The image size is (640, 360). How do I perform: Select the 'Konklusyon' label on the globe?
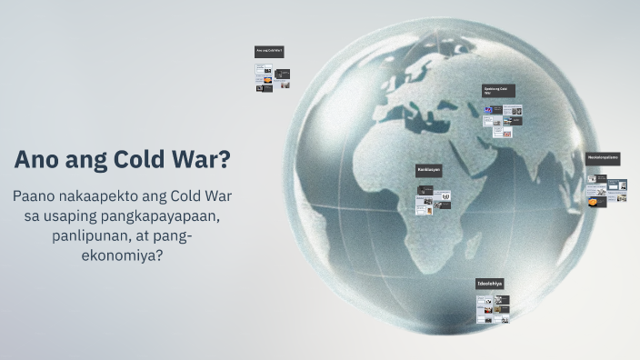tap(429, 170)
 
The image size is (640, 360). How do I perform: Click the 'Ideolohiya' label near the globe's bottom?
tap(490, 285)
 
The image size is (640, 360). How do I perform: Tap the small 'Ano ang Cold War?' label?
tap(269, 52)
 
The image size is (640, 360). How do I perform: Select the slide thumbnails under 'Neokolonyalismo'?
tap(605, 189)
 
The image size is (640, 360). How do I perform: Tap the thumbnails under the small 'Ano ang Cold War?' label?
tap(272, 78)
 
